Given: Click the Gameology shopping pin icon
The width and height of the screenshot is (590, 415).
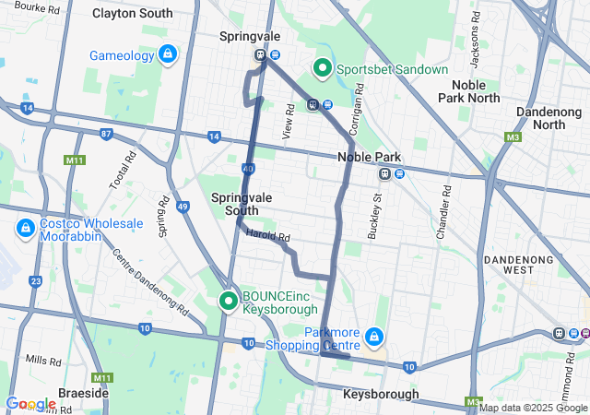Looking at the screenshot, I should click(x=168, y=55).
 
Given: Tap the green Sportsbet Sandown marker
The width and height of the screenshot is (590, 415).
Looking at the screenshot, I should click(x=323, y=67).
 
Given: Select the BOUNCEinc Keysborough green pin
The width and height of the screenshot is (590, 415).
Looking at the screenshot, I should click(x=228, y=301).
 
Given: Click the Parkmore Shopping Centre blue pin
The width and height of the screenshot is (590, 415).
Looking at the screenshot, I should click(x=374, y=338).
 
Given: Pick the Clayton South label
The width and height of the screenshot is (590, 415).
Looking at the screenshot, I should click(x=132, y=13).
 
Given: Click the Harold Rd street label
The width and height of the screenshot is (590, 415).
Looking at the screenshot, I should click(x=268, y=237).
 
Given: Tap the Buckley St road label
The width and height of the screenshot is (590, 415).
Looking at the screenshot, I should click(x=374, y=217).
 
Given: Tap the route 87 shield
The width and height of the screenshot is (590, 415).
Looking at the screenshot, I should click(x=106, y=134).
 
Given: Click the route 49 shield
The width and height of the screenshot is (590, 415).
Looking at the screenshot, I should click(x=183, y=206).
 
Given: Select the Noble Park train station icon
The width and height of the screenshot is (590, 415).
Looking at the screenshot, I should click(x=385, y=174).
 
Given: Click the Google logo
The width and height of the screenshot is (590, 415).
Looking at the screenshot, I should click(x=30, y=404).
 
